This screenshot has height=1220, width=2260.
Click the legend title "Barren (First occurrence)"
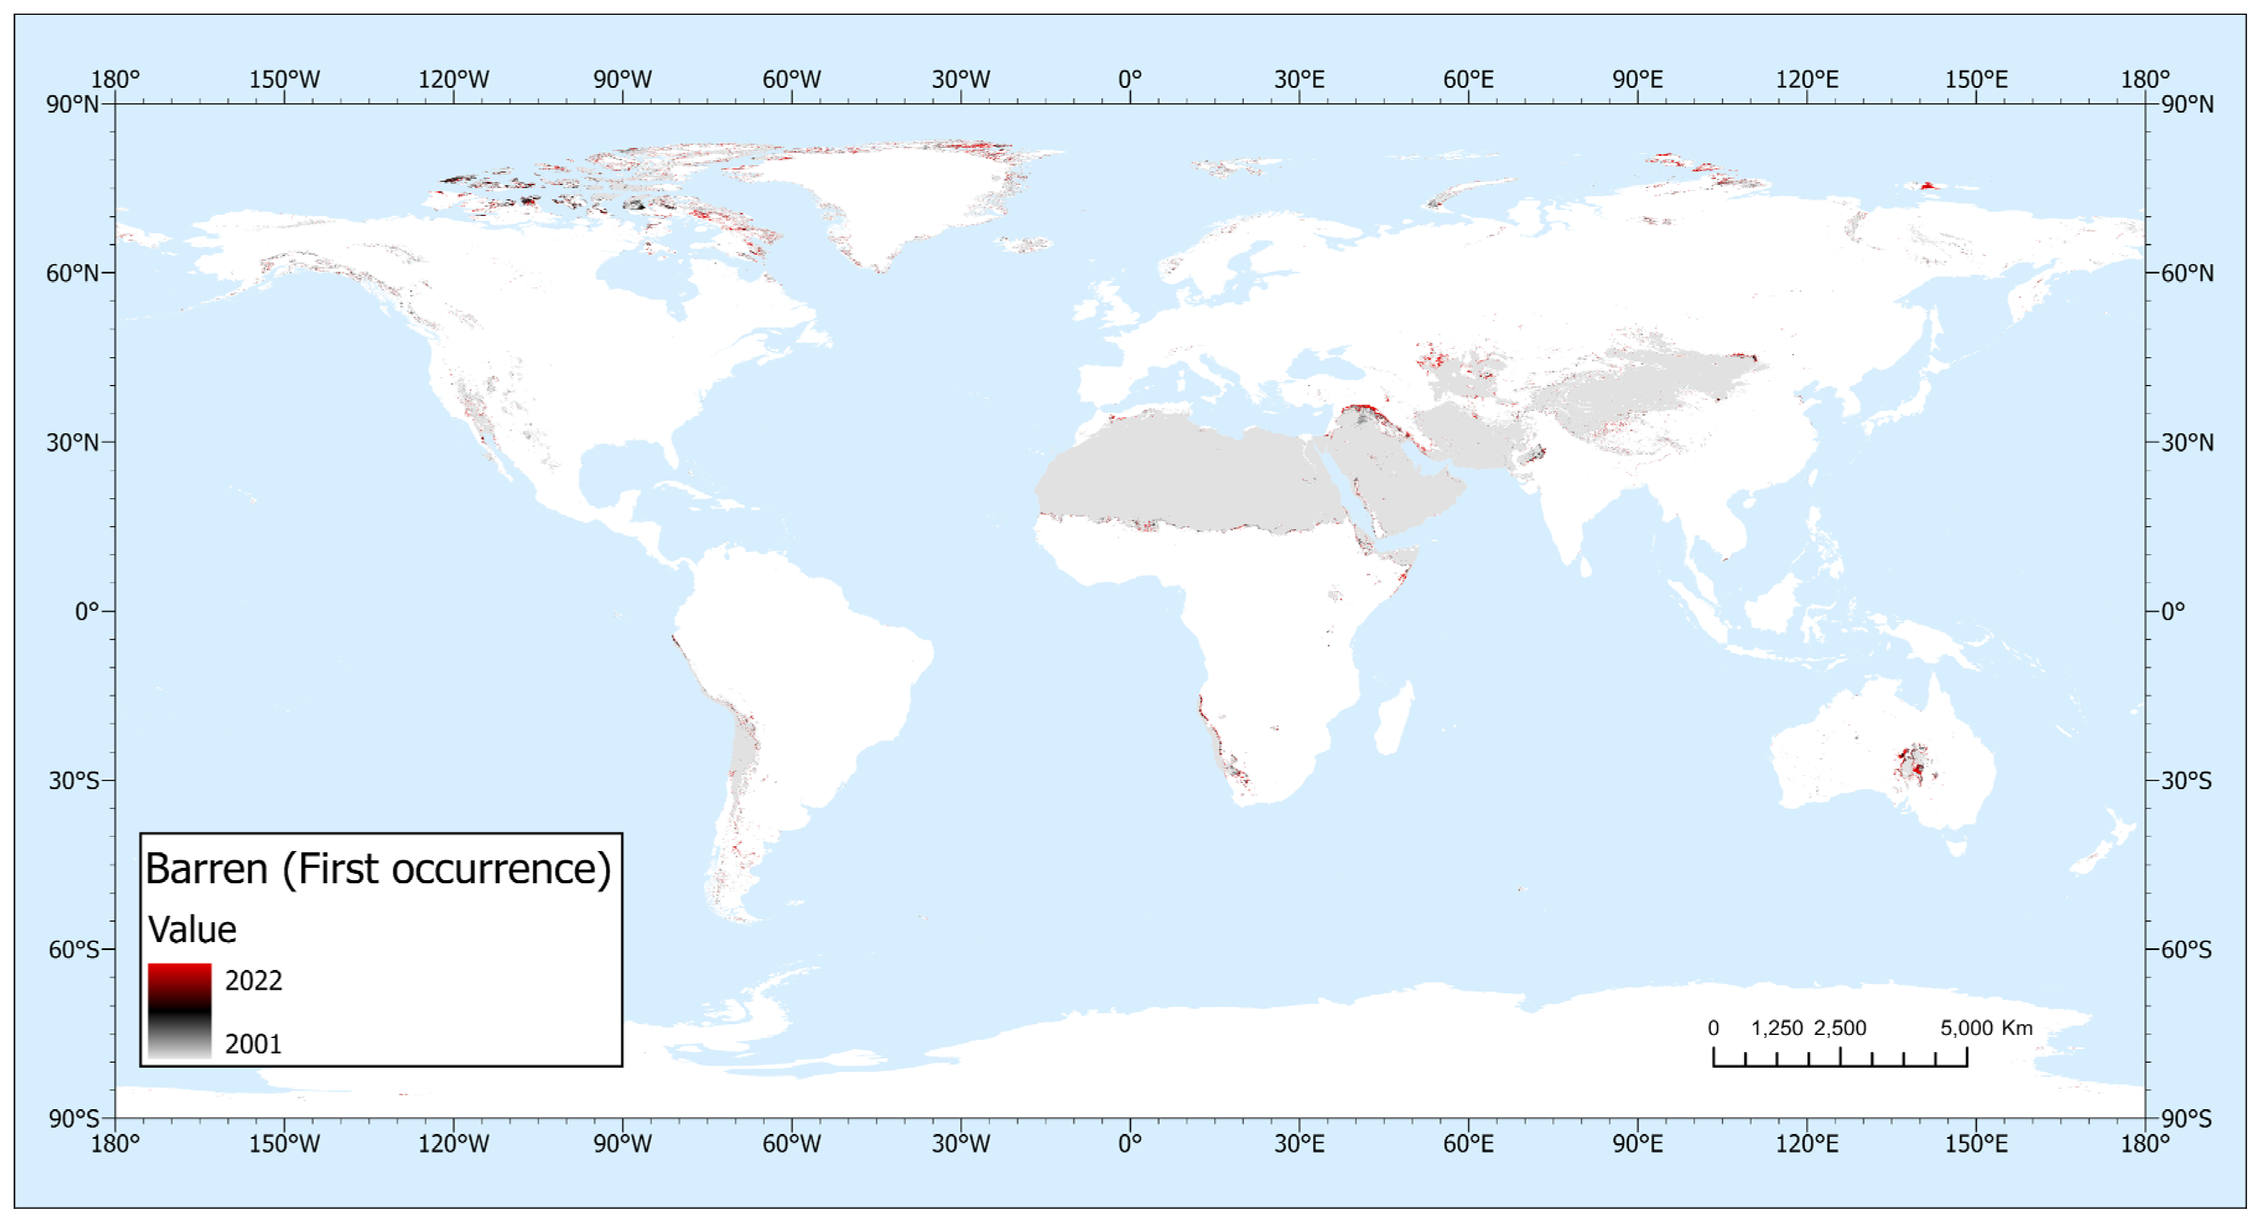coord(378,869)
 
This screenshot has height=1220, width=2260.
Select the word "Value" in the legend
coord(192,930)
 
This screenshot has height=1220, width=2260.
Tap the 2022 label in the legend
coord(253,980)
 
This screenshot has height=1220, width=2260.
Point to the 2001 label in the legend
coord(253,1044)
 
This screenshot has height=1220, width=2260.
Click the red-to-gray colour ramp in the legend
coord(179,1010)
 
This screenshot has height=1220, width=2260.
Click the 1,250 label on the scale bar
coord(1776,1028)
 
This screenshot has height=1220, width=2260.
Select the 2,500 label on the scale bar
coord(1840,1028)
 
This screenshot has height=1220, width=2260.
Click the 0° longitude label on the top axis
coord(1130,79)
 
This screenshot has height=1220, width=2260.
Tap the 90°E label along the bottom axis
coord(1637,1144)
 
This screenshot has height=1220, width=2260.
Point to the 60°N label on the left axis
coord(72,273)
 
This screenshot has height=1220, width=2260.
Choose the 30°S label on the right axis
coord(2186,781)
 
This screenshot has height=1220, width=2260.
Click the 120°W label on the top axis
coord(454,79)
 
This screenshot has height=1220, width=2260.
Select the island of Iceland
coord(1025,244)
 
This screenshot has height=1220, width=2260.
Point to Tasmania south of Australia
coord(1955,847)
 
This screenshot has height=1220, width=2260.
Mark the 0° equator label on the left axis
coord(86,612)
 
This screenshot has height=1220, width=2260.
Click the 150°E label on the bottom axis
coord(1976,1144)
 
